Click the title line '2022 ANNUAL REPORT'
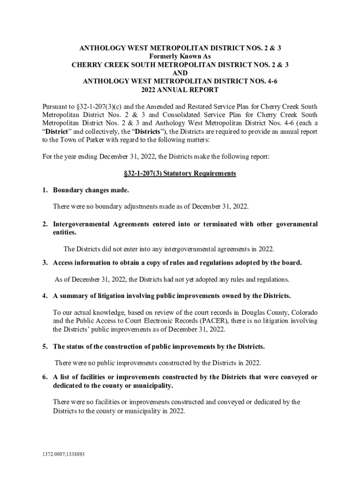coord(180,90)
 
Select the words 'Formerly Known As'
coord(180,56)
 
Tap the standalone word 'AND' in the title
coord(180,73)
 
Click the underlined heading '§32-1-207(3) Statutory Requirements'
coord(180,174)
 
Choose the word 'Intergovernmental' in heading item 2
coord(82,224)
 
